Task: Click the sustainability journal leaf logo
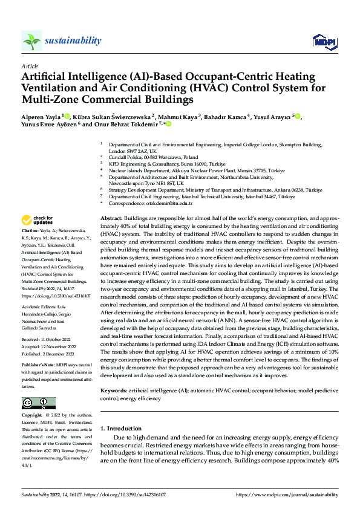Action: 31,41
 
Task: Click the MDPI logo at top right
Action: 323,41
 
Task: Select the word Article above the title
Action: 30,66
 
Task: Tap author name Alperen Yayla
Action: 41,116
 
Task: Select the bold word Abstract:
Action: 111,217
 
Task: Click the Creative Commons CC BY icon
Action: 38,403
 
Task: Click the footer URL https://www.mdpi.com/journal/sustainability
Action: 287,495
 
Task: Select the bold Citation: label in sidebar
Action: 32,232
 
